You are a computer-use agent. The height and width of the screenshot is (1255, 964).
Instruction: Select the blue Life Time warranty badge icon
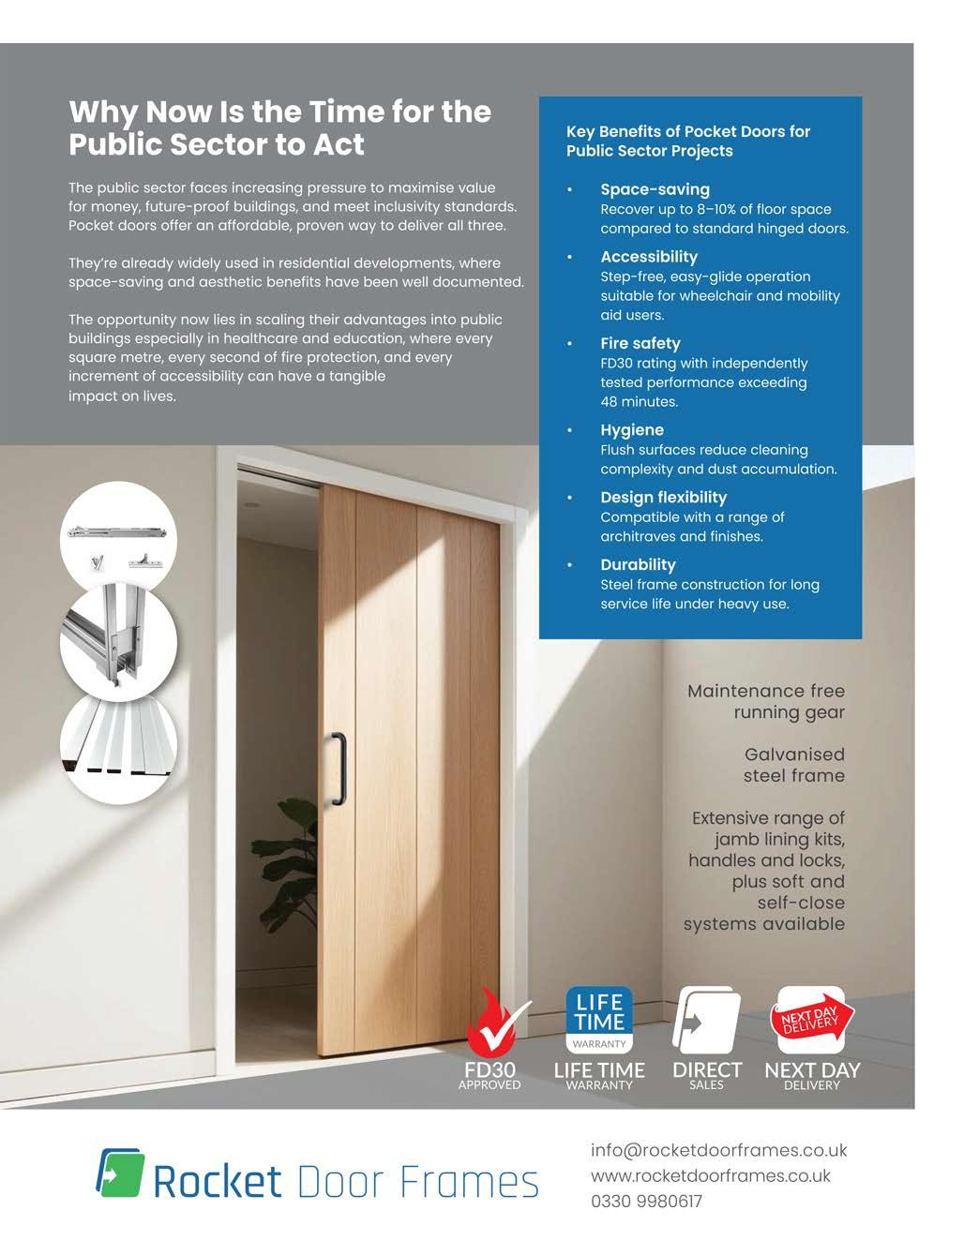tap(599, 1020)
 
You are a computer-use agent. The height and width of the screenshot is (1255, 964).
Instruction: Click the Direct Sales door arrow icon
tap(706, 1022)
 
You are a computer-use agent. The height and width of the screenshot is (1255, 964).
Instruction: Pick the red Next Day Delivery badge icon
tap(812, 1020)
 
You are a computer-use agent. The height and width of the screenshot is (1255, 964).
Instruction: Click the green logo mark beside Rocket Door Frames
tap(121, 1173)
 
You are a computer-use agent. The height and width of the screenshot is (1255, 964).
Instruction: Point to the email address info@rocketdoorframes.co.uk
tap(718, 1150)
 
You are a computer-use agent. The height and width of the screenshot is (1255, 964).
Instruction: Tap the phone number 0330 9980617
tap(646, 1201)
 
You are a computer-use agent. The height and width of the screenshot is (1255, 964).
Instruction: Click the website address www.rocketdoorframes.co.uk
tap(710, 1175)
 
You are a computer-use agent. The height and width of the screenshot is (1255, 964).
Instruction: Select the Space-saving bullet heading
tap(655, 189)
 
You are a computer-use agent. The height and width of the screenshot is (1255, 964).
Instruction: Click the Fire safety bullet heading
tap(640, 343)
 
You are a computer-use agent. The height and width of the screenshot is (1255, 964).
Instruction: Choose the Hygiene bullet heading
tap(632, 430)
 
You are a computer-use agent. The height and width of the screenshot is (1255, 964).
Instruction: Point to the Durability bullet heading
tap(638, 564)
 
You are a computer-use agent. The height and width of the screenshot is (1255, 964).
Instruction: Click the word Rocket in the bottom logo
tap(217, 1182)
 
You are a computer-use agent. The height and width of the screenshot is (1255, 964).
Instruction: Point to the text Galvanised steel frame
tap(793, 765)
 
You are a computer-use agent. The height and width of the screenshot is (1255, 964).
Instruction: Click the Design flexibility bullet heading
tap(663, 498)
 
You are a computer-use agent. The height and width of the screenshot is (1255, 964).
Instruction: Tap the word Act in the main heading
tap(337, 145)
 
